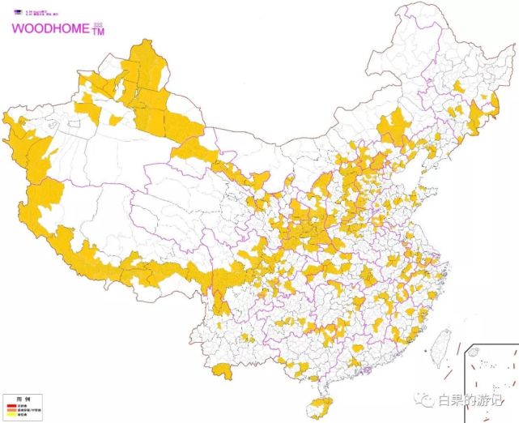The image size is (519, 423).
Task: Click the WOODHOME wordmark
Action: pyautogui.click(x=47, y=27)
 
